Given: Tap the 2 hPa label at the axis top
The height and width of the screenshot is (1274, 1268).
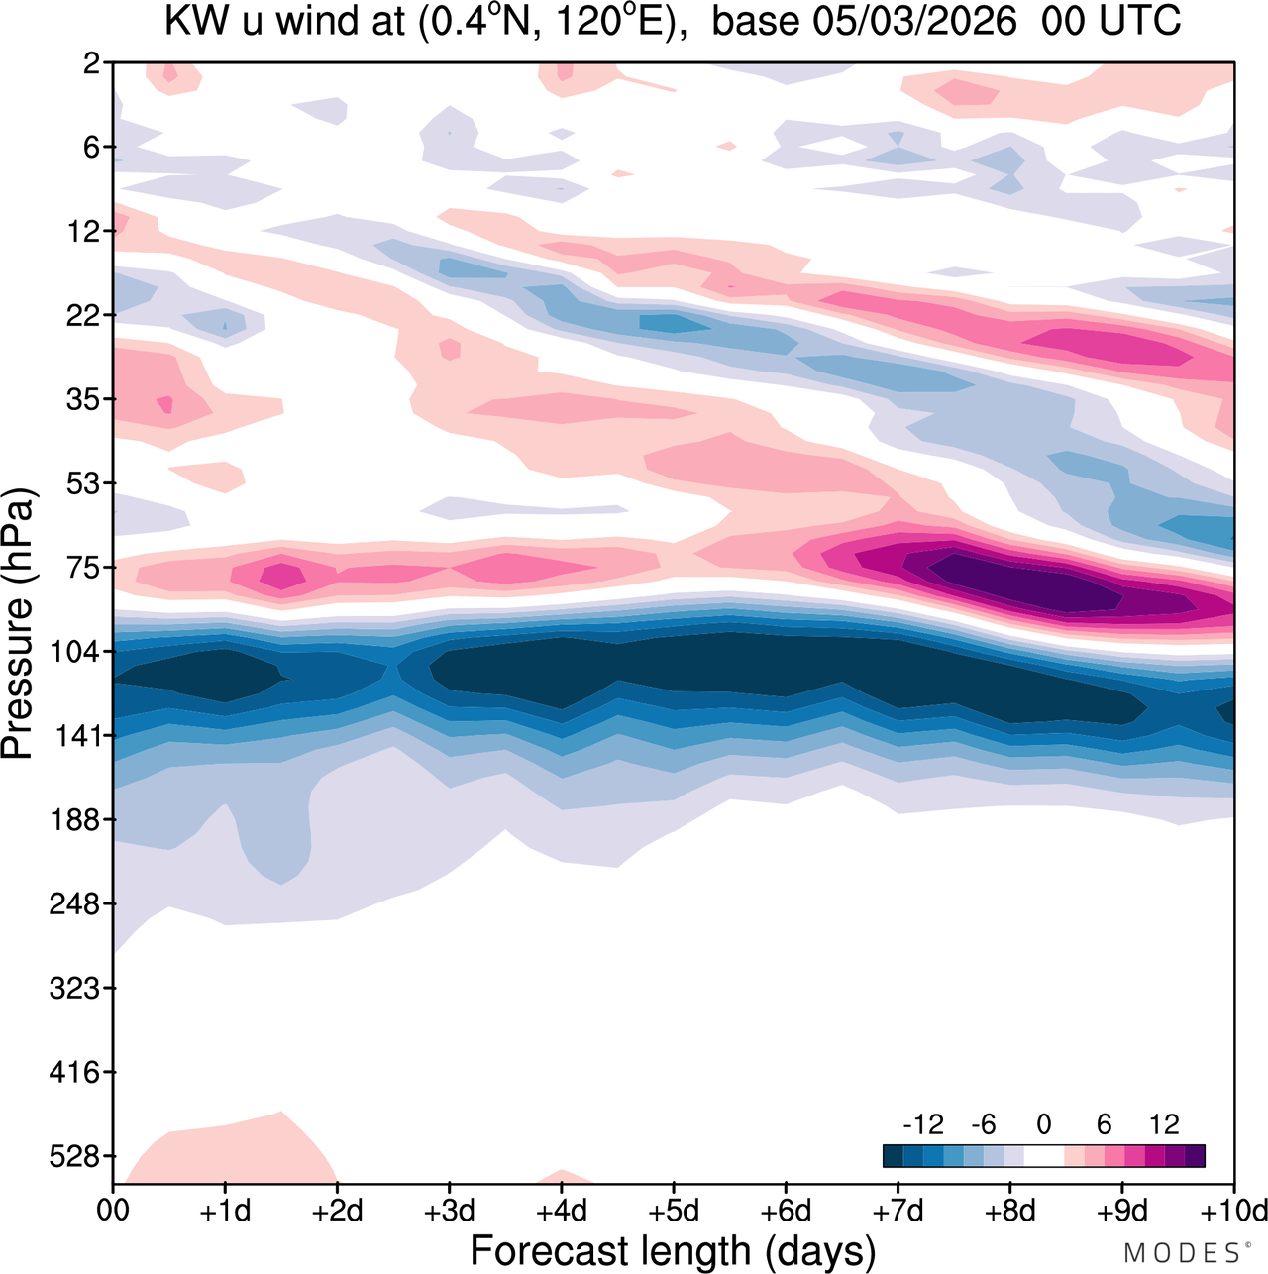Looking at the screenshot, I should [92, 63].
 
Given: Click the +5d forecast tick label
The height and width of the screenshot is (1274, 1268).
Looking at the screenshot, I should [673, 1211].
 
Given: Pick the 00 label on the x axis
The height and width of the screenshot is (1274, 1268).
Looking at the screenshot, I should [113, 1211].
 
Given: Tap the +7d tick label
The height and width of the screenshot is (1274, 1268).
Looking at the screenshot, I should [898, 1211].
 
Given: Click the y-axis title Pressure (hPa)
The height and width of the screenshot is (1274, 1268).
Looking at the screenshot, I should [18, 624].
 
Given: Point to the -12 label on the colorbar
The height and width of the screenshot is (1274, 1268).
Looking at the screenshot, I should [922, 1124].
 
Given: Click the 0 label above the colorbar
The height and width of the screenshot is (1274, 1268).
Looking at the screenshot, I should [1043, 1124].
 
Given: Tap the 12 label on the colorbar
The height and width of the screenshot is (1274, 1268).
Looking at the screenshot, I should [1164, 1124].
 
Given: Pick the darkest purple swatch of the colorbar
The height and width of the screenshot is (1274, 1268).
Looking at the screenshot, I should [1195, 1156].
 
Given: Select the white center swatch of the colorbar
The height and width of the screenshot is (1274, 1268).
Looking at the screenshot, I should [1043, 1156].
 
